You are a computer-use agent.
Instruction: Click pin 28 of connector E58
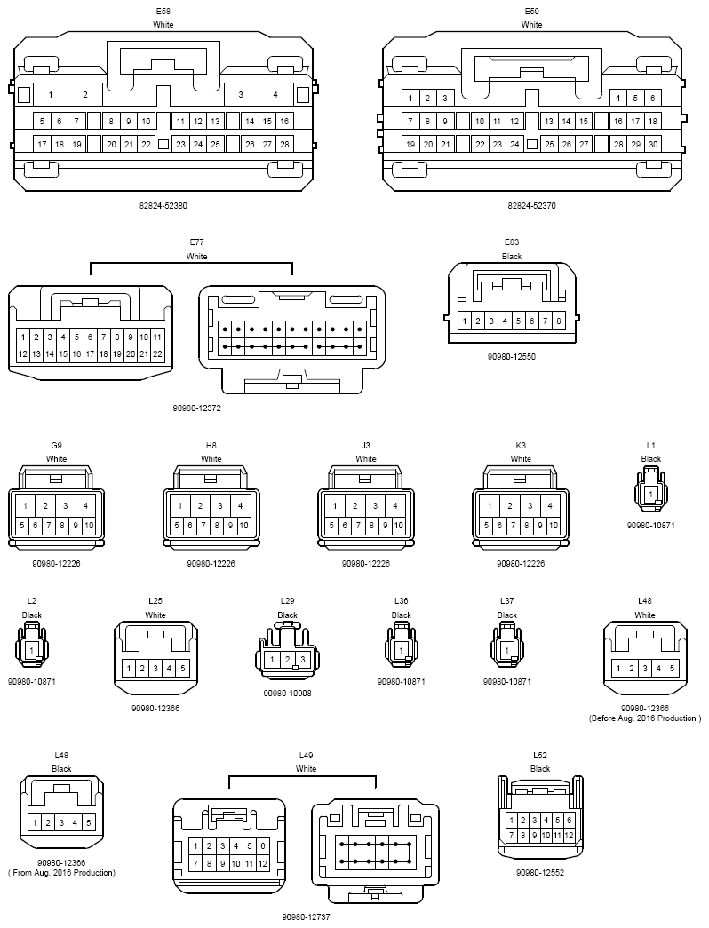pos(285,144)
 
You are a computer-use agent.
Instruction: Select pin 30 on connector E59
pos(653,144)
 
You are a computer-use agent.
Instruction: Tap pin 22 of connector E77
pos(157,354)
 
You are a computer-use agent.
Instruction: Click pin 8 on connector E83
pos(559,321)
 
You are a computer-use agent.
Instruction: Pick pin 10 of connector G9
pos(89,525)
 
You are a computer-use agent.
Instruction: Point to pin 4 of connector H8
pos(241,505)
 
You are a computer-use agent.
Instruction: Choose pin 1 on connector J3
pos(335,505)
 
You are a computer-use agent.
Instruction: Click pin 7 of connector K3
pos(513,525)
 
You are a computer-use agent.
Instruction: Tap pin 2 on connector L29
pos(287,659)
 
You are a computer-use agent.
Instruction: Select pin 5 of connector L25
pos(182,668)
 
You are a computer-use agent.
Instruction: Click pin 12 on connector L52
pos(569,835)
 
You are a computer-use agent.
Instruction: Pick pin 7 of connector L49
pos(195,863)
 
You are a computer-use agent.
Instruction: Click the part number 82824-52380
pos(163,205)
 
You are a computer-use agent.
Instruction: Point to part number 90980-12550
pos(512,356)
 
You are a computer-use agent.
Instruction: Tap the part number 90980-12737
pos(306,916)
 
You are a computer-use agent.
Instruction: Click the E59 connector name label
pos(532,12)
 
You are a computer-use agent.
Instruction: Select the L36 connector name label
pos(401,600)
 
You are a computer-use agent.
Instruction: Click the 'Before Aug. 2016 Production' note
pos(645,718)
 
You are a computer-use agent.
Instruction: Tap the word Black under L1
pos(651,459)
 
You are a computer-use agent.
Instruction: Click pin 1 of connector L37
pos(507,650)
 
